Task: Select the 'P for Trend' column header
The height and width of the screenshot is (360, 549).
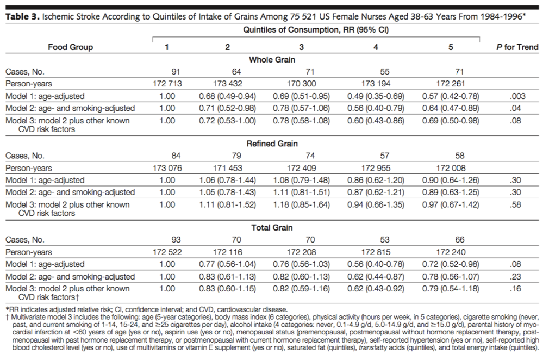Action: point(517,47)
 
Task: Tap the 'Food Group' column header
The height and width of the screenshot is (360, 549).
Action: point(70,47)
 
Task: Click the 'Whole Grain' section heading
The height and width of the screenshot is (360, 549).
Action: point(272,59)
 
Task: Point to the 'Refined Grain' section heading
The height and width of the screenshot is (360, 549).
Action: point(272,144)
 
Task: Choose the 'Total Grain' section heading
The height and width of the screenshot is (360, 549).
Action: point(272,228)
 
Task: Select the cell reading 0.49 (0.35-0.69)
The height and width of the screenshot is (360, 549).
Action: point(376,96)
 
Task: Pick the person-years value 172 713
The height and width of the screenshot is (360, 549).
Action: point(167,84)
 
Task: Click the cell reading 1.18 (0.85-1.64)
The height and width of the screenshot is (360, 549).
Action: point(302,204)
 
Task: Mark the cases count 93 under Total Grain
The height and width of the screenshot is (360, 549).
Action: point(167,240)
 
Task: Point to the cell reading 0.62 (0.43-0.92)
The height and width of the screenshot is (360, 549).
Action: point(376,289)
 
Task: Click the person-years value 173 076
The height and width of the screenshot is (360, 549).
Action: point(167,168)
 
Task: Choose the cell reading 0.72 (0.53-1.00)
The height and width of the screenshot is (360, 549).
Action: point(227,120)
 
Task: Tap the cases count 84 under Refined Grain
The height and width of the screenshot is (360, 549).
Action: point(167,156)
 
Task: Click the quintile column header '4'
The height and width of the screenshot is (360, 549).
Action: point(376,47)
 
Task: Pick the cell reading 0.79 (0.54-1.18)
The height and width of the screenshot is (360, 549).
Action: point(451,289)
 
